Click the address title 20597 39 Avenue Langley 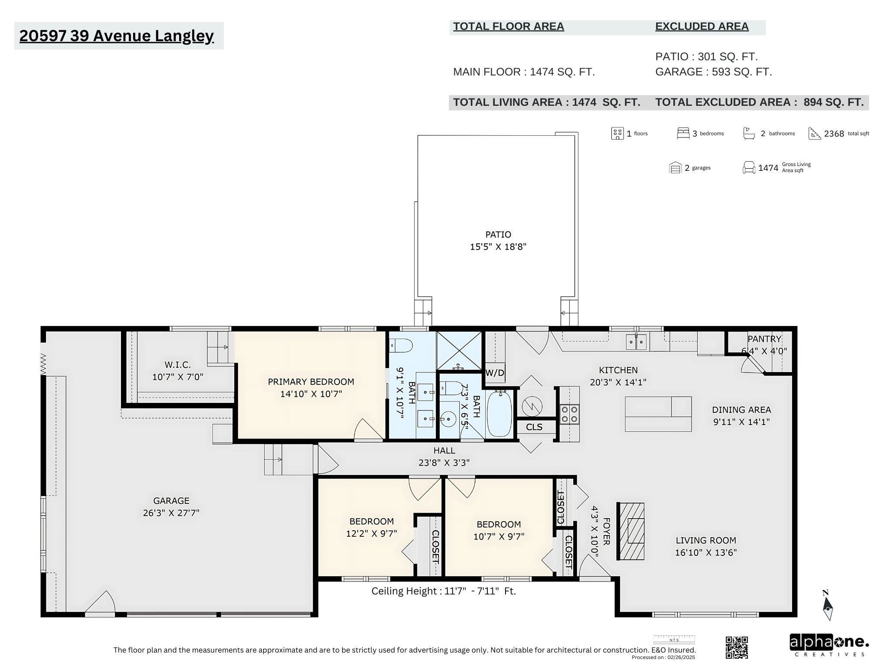(x=117, y=36)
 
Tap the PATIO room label (x=498, y=235)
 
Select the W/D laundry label (x=495, y=372)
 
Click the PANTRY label (x=764, y=339)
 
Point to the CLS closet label (x=534, y=427)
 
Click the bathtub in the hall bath (x=499, y=413)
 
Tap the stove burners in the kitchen (x=569, y=414)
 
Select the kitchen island (x=658, y=414)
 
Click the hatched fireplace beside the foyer (x=631, y=531)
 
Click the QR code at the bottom (x=737, y=647)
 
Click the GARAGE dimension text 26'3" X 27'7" (x=171, y=513)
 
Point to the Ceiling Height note (x=444, y=591)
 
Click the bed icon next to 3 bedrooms (x=683, y=133)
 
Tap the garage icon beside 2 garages (x=675, y=168)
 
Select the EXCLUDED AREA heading (x=702, y=26)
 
